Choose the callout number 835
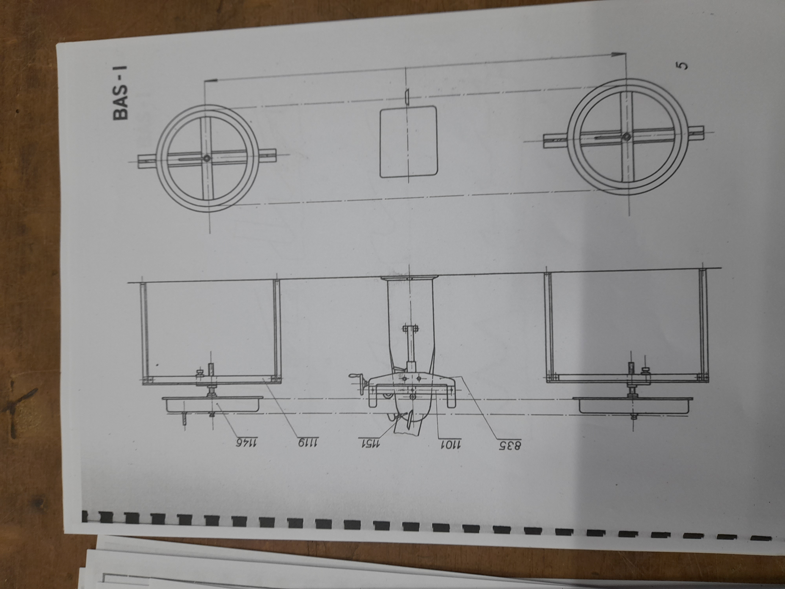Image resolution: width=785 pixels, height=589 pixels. click(x=510, y=445)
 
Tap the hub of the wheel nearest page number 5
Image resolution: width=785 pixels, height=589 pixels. click(x=626, y=136)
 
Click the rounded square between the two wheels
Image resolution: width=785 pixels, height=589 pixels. click(x=408, y=142)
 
